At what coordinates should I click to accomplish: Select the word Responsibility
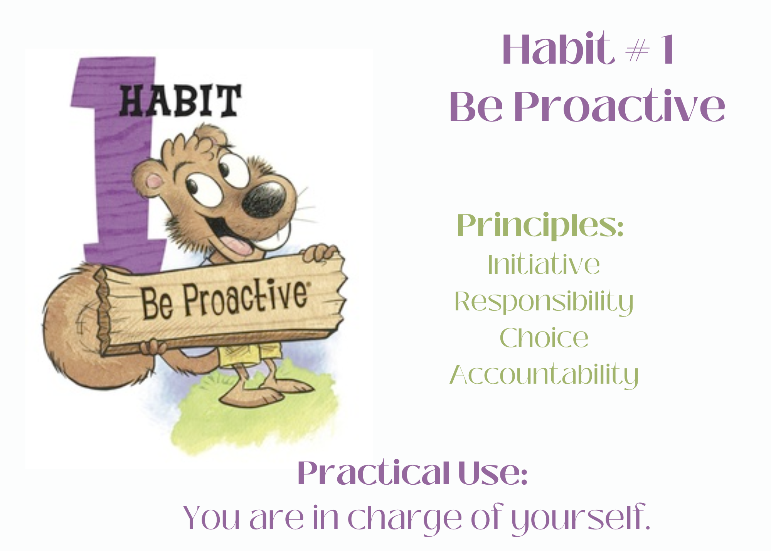click(544, 302)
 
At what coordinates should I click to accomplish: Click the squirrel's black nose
click(264, 199)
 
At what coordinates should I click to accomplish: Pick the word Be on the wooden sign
click(157, 303)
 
